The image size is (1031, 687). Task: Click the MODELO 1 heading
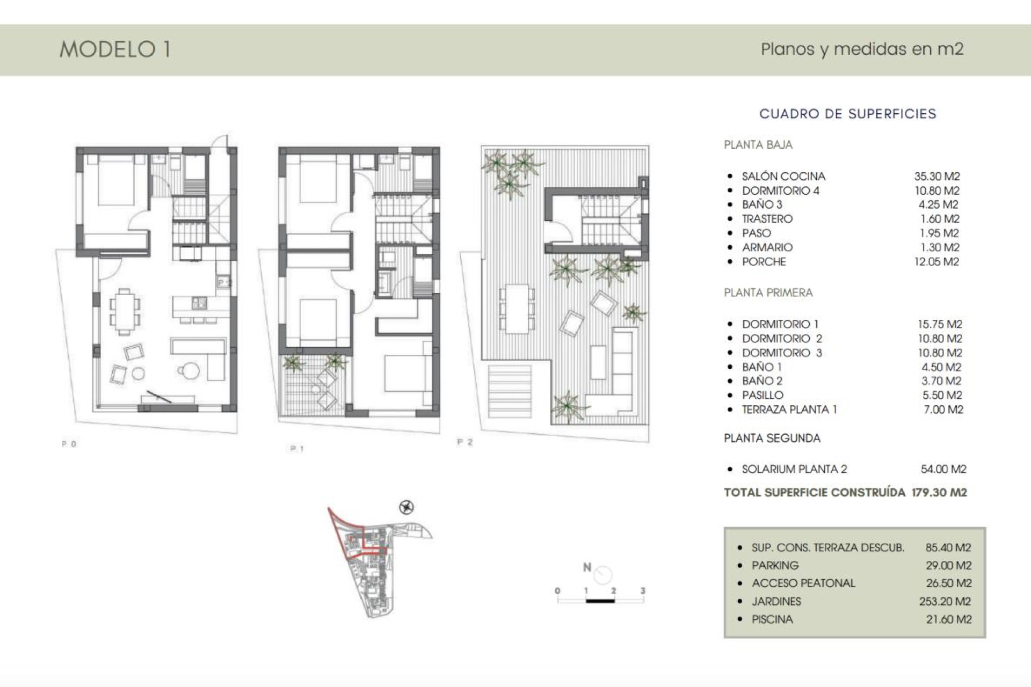[x=115, y=49]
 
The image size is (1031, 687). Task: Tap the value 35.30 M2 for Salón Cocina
[x=937, y=176]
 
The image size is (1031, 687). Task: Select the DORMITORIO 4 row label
[x=780, y=191]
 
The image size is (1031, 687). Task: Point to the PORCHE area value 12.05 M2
[x=936, y=262]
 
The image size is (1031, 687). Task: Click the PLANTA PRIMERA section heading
[x=768, y=293]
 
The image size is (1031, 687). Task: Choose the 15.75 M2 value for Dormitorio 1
[x=940, y=324]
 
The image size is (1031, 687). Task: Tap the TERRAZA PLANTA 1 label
[x=789, y=410]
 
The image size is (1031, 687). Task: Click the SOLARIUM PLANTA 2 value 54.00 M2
[x=943, y=469]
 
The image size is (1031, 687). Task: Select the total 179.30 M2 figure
[x=939, y=493]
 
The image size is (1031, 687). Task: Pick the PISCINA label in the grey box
[x=772, y=619]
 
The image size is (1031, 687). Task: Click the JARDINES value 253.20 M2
[x=945, y=602]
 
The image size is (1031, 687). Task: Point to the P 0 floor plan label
[x=69, y=444]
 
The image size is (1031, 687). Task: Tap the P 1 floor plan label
[x=297, y=449]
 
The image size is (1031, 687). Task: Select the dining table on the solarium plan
[x=517, y=309]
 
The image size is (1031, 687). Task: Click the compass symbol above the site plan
[x=406, y=507]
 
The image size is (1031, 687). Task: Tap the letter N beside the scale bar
[x=587, y=567]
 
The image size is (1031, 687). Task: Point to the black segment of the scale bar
[x=600, y=601]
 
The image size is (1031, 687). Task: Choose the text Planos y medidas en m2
[x=862, y=49]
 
